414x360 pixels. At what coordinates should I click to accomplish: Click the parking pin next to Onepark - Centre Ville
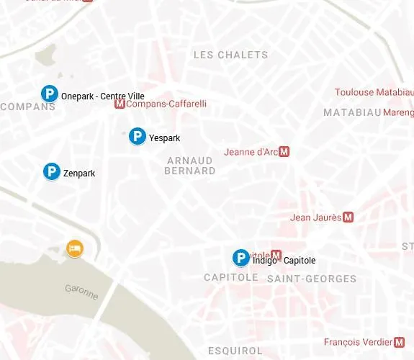point(49,94)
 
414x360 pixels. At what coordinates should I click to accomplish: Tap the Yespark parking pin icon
point(138,136)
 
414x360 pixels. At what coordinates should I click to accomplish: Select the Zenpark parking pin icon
point(51,171)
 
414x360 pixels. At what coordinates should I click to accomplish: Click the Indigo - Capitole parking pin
point(240,258)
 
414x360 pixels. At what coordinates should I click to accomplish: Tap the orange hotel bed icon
point(74,248)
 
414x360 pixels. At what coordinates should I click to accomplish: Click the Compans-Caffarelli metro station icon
point(120,104)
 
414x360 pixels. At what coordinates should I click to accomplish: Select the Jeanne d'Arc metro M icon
point(284,152)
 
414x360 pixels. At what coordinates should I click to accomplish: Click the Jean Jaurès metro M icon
point(348,217)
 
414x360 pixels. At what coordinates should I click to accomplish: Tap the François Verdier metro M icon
point(400,342)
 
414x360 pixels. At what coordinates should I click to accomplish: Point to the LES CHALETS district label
point(230,55)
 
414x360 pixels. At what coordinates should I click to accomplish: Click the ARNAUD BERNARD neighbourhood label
point(189,165)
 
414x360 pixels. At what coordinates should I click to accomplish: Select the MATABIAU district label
point(351,112)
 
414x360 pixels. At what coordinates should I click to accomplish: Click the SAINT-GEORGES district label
point(311,279)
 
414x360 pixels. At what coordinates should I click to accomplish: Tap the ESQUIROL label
point(235,351)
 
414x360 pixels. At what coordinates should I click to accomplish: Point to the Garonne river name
point(81,291)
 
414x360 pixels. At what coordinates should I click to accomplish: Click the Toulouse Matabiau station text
point(374,92)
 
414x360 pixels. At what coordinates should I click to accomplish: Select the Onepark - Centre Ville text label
point(103,96)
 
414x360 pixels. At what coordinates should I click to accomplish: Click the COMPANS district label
point(28,107)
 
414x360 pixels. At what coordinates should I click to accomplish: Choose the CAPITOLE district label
point(230,278)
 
